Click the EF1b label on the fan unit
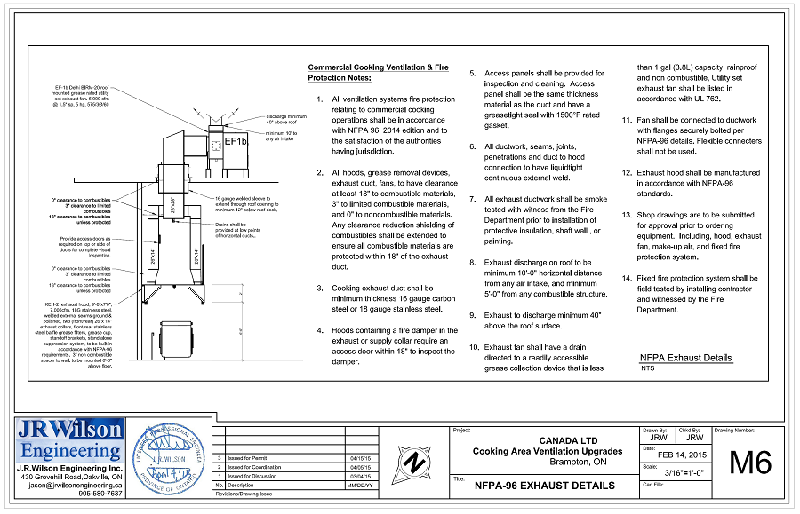236,141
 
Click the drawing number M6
750,463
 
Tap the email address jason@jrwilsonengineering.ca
76,486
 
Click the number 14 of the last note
627,278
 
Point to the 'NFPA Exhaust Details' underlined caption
686,358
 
